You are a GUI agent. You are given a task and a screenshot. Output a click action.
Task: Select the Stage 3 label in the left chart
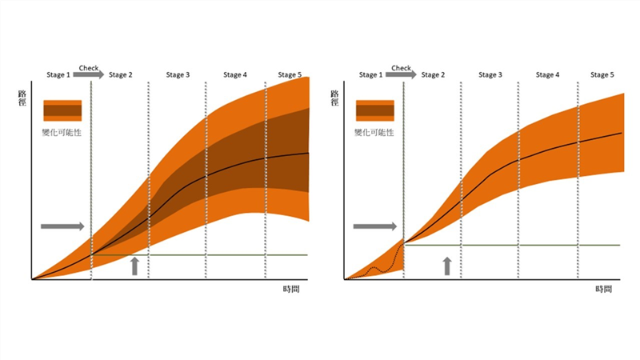pyautogui.click(x=178, y=75)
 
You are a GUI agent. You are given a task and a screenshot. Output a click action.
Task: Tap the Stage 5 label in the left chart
pyautogui.click(x=290, y=75)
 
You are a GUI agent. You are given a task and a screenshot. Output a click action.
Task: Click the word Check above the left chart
pyautogui.click(x=89, y=68)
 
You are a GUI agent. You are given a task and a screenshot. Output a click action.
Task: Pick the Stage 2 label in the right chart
pyautogui.click(x=433, y=75)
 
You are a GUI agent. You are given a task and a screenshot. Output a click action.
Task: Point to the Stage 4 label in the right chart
pyautogui.click(x=547, y=75)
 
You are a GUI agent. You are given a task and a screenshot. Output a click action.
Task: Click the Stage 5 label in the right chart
pyautogui.click(x=602, y=75)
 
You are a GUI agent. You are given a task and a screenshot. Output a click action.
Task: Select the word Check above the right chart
pyautogui.click(x=402, y=68)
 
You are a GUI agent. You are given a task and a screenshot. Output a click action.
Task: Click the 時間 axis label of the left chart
pyautogui.click(x=292, y=288)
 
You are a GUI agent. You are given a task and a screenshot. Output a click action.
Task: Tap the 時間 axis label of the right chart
pyautogui.click(x=605, y=288)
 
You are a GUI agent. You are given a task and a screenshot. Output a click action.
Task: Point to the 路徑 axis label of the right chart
pyautogui.click(x=335, y=98)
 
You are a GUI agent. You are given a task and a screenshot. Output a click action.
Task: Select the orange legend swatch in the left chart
pyautogui.click(x=62, y=110)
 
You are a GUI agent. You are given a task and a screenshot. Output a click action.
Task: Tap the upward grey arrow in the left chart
pyautogui.click(x=135, y=266)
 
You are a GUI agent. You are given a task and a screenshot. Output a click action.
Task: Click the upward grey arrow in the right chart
pyautogui.click(x=447, y=266)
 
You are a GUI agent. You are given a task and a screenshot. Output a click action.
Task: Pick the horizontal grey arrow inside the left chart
pyautogui.click(x=62, y=226)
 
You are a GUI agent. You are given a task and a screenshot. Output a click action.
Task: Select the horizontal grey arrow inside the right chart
pyautogui.click(x=375, y=226)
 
